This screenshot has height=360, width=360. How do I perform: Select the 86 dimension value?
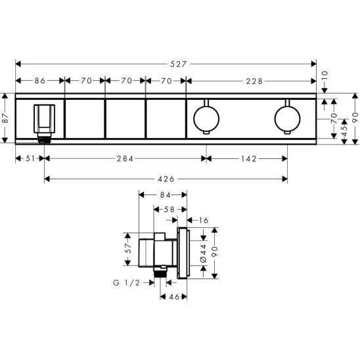[39, 81]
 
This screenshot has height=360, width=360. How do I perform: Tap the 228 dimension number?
[256, 81]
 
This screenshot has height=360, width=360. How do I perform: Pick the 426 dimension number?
[167, 178]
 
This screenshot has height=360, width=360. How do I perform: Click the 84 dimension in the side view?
[164, 195]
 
